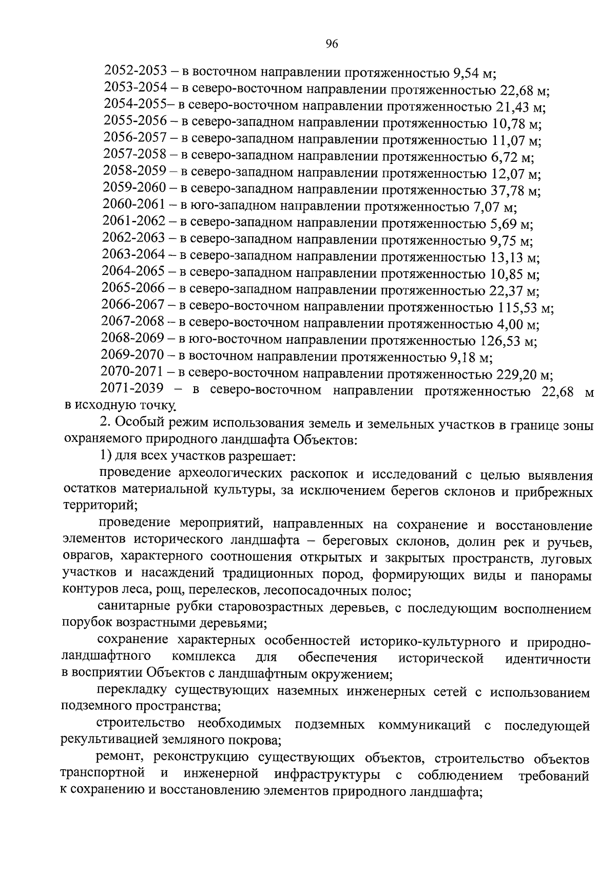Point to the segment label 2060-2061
pyautogui.click(x=134, y=205)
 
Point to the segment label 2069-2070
pyautogui.click(x=132, y=355)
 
